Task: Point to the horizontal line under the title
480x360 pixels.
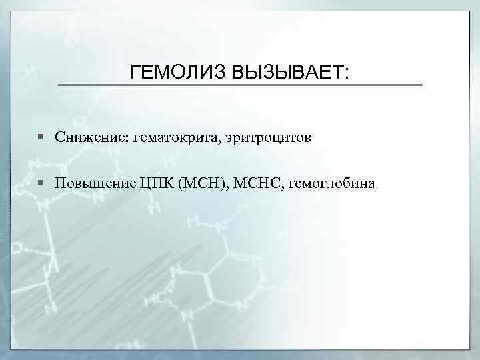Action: [240, 85]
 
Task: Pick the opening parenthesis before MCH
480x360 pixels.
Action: [183, 183]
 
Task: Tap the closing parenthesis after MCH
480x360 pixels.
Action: [226, 183]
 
